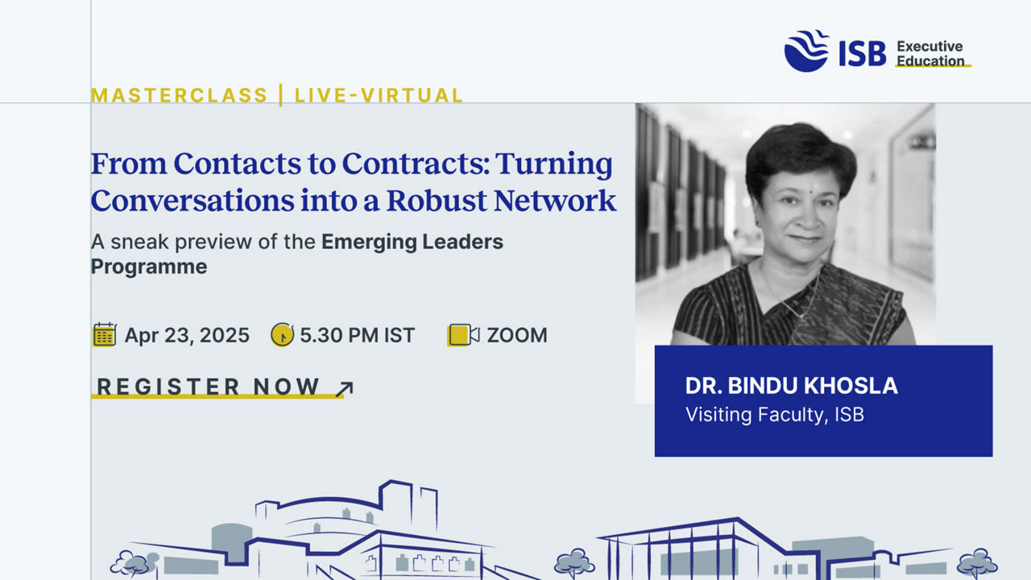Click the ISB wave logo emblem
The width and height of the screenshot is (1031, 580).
click(807, 51)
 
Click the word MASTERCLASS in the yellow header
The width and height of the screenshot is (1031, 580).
click(180, 95)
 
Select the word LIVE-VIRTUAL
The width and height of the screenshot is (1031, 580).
click(379, 95)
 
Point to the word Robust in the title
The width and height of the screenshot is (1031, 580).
click(437, 201)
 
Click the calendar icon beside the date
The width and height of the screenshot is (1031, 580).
click(105, 334)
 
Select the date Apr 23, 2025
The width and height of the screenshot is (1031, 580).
click(187, 335)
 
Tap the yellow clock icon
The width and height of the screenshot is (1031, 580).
click(282, 334)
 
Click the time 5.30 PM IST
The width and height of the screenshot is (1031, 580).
click(358, 335)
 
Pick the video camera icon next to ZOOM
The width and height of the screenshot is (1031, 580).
click(463, 334)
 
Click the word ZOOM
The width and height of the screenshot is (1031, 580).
click(517, 335)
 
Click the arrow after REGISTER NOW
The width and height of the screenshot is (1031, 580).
click(344, 389)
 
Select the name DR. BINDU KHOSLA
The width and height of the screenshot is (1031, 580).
click(791, 386)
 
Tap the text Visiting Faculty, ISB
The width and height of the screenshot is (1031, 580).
click(775, 415)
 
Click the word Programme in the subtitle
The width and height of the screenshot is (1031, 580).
click(149, 267)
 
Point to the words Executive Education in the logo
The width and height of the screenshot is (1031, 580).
click(930, 54)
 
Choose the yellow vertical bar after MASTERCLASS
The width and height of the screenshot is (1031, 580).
click(281, 95)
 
